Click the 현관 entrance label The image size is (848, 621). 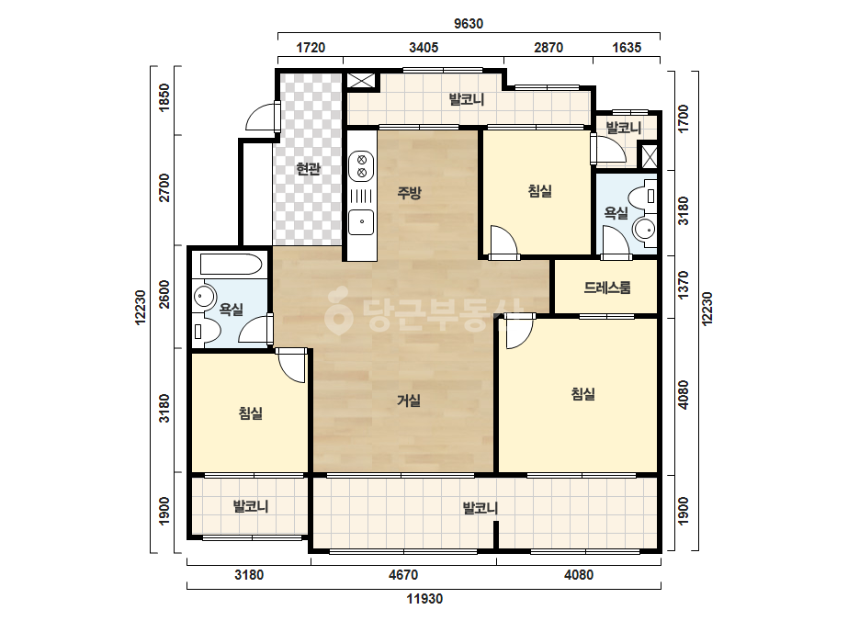309,169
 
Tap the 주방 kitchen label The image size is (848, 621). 410,193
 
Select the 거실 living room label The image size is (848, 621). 409,401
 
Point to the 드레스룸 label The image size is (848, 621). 606,288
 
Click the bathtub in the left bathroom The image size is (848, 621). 231,265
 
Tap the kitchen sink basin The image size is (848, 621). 361,222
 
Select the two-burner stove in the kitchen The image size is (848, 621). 361,166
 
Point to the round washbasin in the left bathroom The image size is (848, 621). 204,296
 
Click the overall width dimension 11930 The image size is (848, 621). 424,599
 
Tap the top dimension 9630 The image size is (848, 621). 469,24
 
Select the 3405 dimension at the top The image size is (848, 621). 424,48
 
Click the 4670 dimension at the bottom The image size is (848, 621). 403,574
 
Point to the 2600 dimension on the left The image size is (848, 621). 164,294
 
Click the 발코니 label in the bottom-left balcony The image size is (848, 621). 251,507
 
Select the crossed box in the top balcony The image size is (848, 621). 361,81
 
